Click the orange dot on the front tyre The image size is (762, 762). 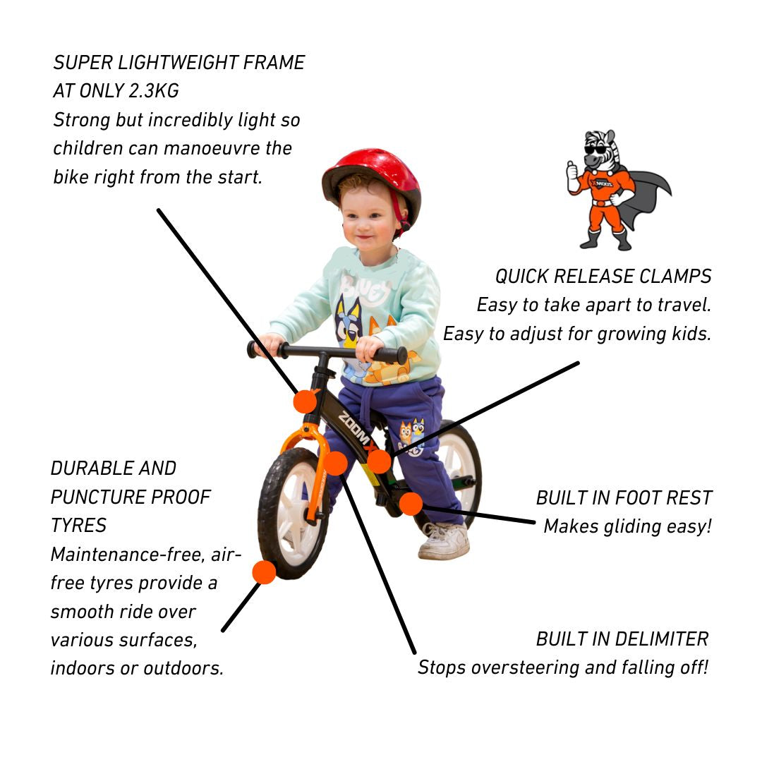264,571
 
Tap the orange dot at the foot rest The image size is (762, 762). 411,504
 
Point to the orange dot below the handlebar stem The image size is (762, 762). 305,401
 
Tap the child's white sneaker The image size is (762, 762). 444,542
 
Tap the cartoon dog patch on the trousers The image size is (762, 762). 411,435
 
